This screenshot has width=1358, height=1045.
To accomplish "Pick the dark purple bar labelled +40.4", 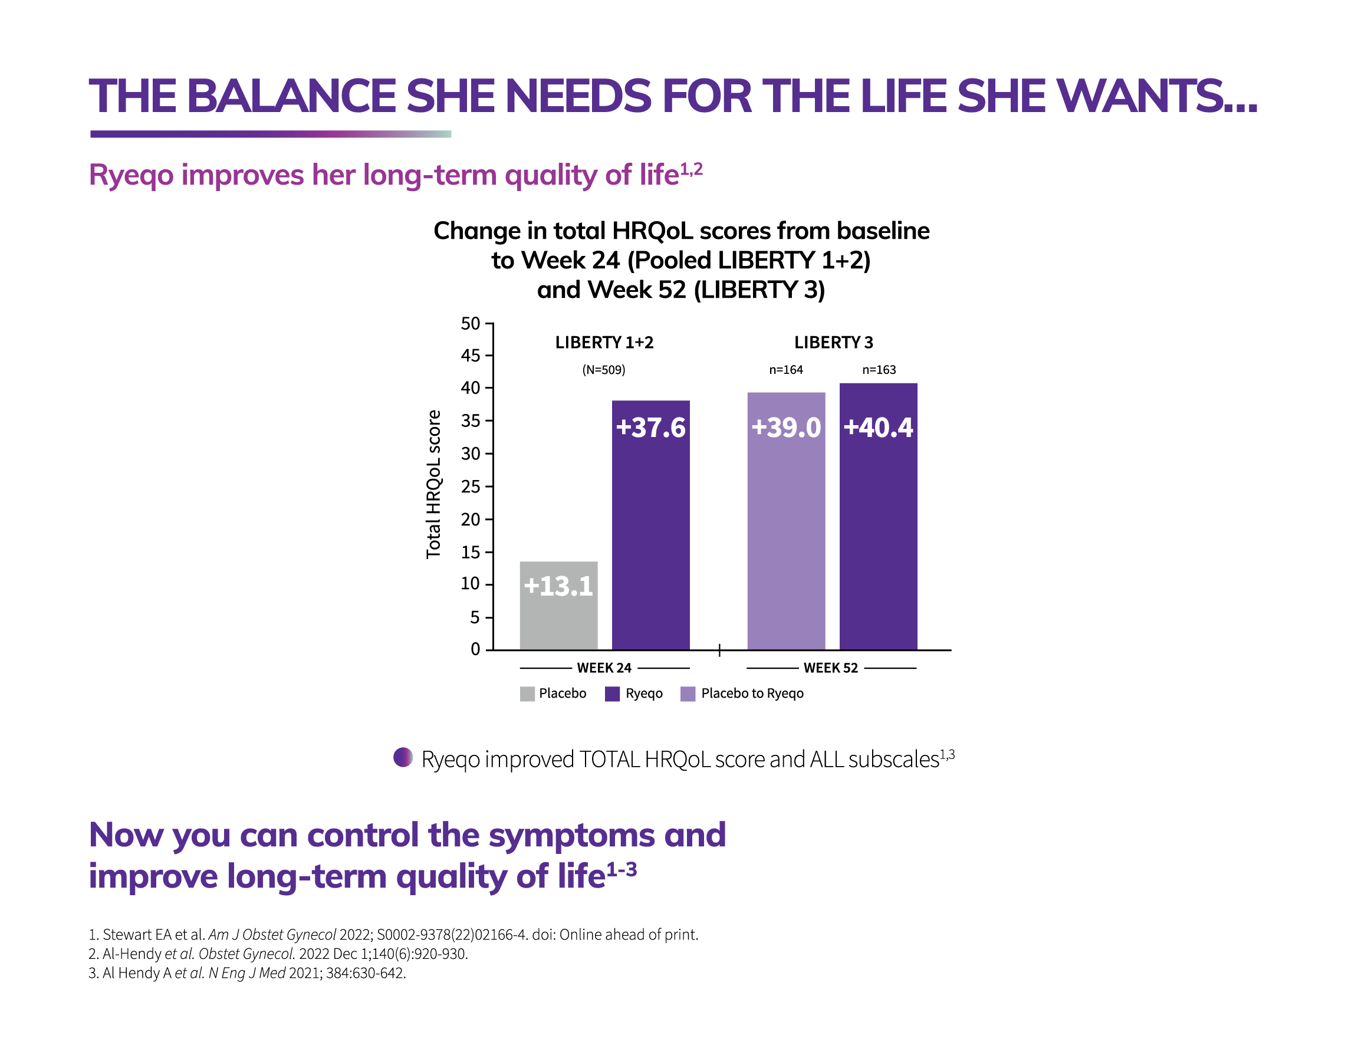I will pos(878,516).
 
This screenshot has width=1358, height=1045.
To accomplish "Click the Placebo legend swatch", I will pos(527,694).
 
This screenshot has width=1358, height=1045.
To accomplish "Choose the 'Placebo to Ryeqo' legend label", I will pos(752,694).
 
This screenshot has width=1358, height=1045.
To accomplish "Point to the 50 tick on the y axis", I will pos(470,323).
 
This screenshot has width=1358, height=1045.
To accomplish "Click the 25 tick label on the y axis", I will pos(470,487).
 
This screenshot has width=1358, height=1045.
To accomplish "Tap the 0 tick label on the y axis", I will pos(476,649).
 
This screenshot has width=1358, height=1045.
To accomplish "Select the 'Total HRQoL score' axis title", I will pos(433,484).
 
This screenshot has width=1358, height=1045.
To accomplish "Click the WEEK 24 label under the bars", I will pos(604,668).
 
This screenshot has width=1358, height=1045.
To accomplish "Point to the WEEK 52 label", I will pos(830,668).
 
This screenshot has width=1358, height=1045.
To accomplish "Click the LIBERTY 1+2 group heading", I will pos(604,343).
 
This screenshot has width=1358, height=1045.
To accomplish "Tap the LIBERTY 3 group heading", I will pos(833,343).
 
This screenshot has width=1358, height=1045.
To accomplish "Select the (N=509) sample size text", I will pos(603,370).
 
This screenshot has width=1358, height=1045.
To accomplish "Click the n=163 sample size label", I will pos(879,370).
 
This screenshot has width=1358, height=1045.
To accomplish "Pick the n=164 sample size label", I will pos(786,370).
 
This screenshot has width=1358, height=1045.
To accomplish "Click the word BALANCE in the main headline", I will pos(292,96).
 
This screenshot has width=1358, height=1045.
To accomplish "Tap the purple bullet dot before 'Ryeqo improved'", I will pos(403,757).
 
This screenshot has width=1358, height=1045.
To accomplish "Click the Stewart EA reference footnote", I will pos(393,934).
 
